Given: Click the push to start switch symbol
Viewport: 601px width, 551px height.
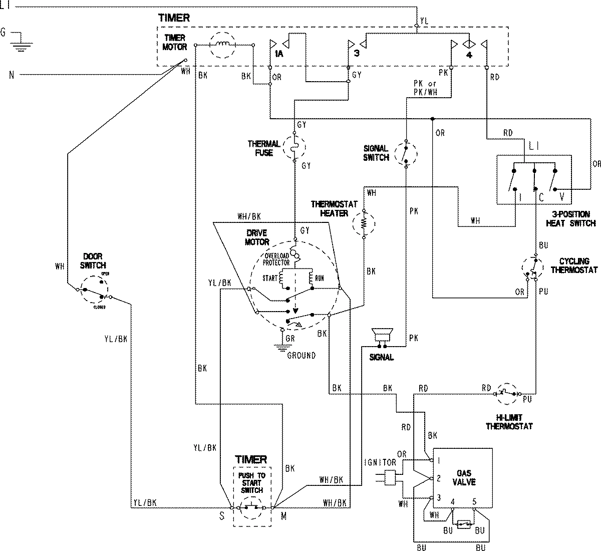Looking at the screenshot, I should [x=252, y=507].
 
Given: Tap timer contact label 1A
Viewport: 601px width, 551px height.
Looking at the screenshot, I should [x=279, y=55].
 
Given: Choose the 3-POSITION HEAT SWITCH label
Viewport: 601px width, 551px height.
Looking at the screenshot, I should [x=571, y=219].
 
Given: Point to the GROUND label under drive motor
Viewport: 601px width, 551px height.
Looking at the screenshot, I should [x=301, y=355].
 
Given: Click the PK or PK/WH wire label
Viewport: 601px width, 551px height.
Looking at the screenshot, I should [x=425, y=87].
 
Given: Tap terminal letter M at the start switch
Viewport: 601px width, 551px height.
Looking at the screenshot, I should [x=283, y=517].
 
